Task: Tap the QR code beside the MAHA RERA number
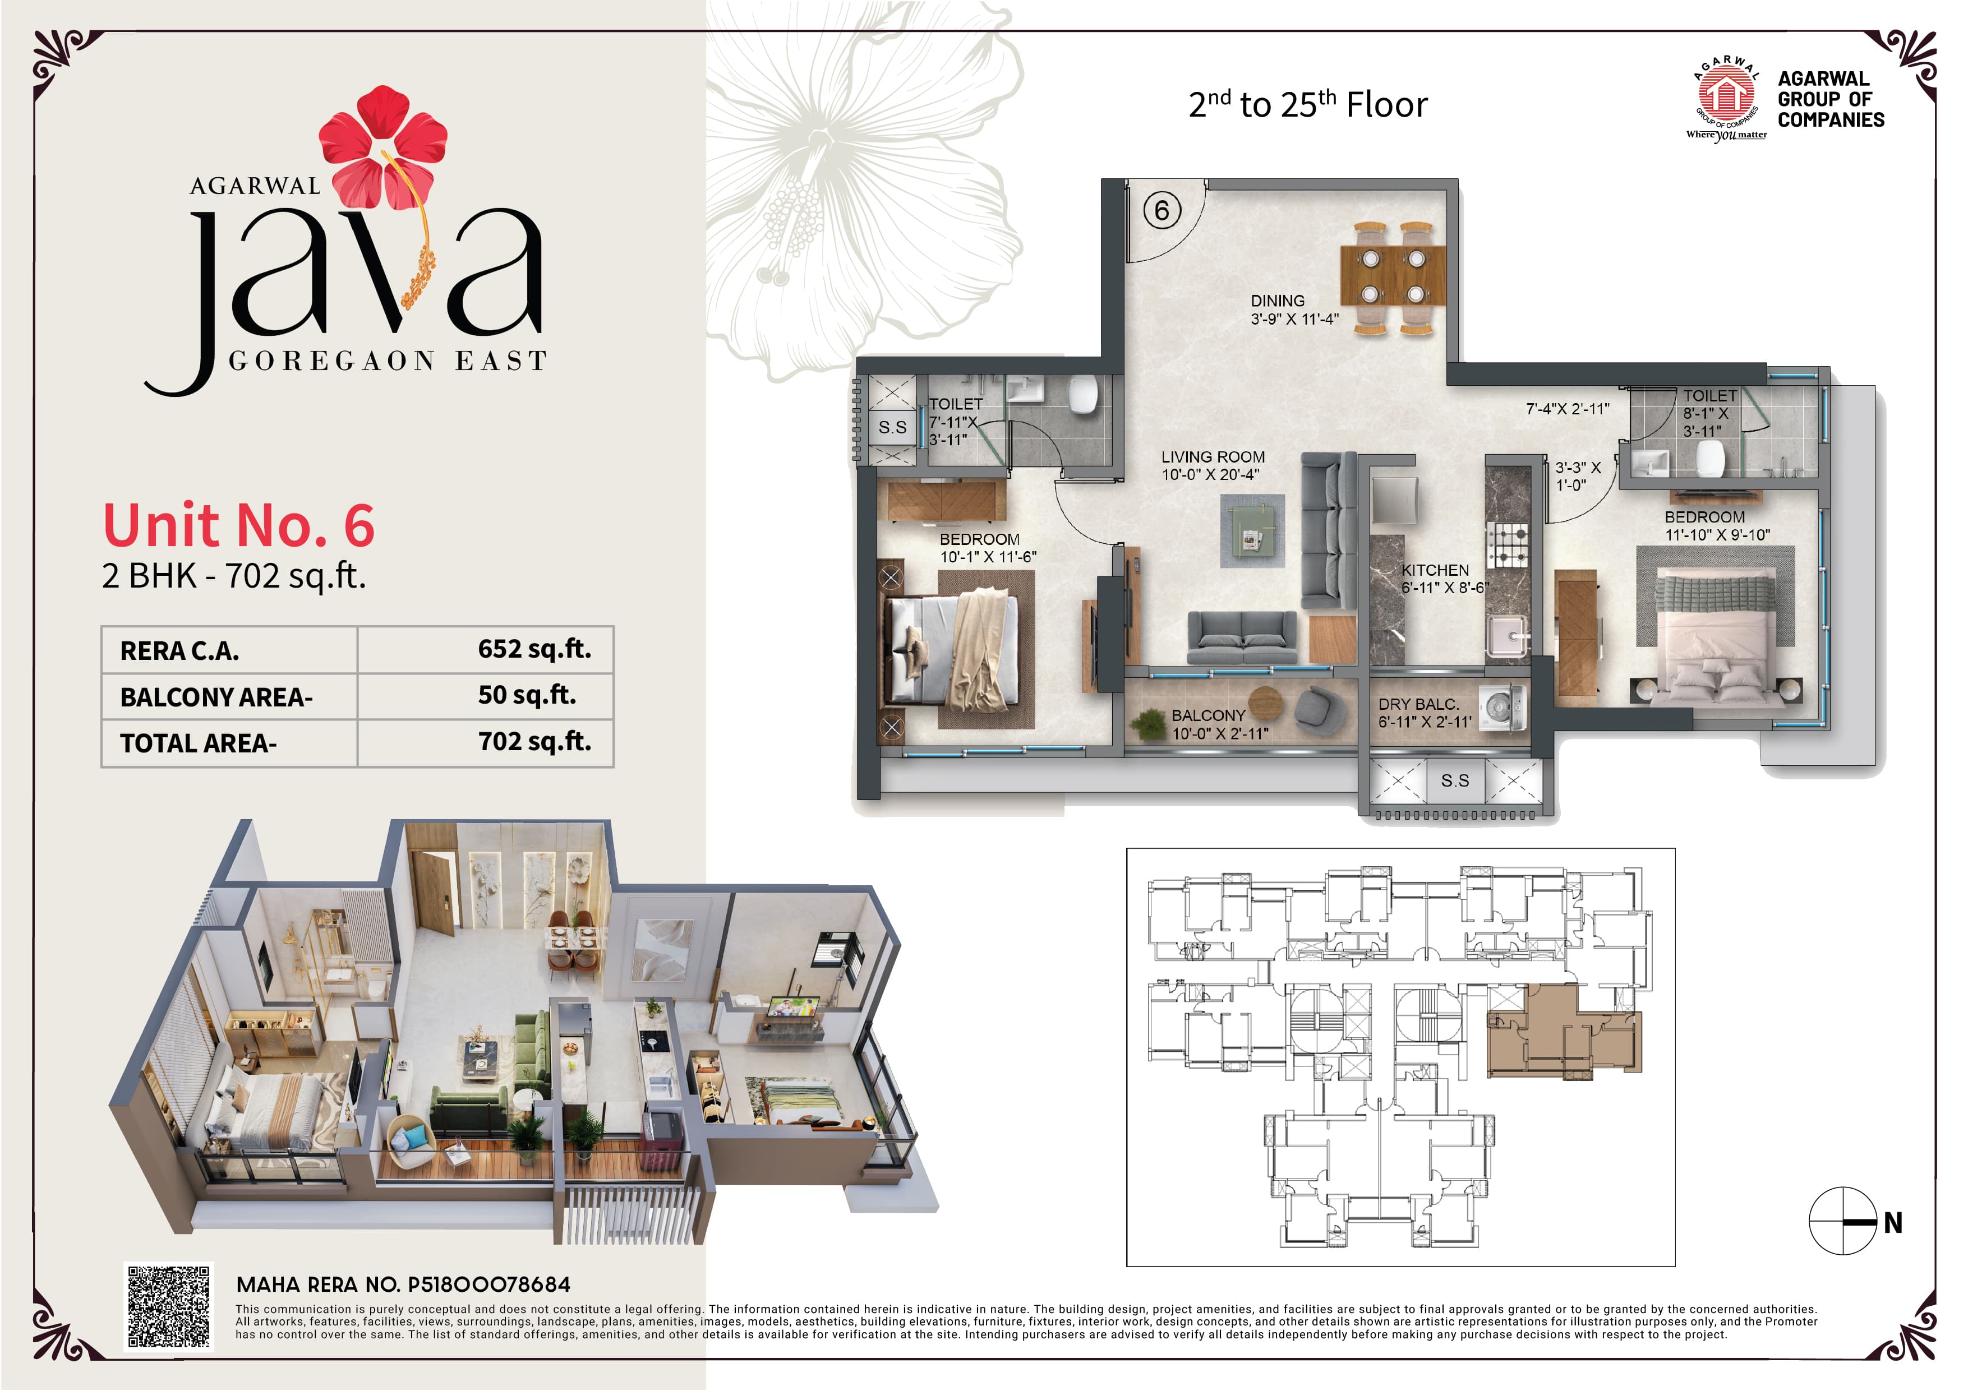coord(168,1307)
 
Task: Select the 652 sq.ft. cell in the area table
coord(534,650)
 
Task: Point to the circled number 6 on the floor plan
coord(1162,211)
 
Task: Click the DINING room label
coord(1277,301)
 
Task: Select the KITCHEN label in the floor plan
coord(1435,571)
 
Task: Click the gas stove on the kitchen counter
coord(1508,545)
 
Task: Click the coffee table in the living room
coord(1252,530)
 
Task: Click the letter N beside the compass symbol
coord(1893,1223)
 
